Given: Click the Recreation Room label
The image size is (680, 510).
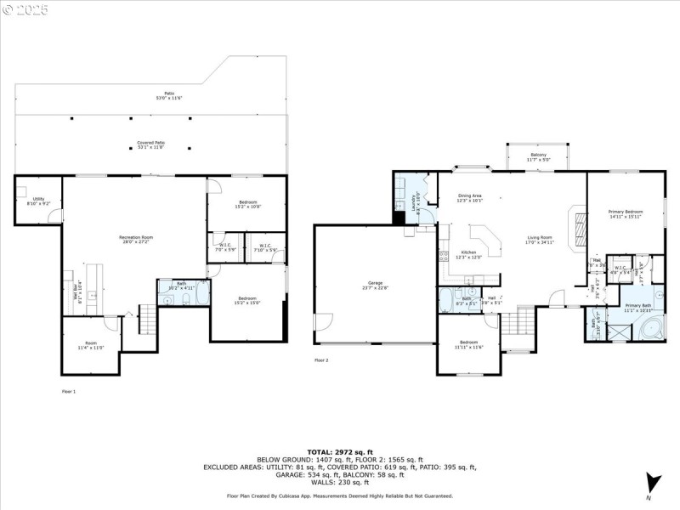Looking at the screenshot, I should click(136, 239).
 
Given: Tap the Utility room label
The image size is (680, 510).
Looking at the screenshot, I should click(39, 201).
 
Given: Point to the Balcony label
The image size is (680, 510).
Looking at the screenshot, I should click(539, 157).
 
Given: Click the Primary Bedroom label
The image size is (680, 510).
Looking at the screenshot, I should click(626, 213).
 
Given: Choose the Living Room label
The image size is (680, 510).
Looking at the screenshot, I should click(541, 240).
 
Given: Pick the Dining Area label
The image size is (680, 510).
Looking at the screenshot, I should click(470, 199).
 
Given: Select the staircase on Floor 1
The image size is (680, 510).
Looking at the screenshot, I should click(147, 320).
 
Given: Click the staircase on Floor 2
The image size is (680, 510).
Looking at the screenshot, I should click(517, 321).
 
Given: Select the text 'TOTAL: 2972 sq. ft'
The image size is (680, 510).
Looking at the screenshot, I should click(339, 452).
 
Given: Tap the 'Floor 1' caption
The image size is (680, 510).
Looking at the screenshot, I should click(69, 391).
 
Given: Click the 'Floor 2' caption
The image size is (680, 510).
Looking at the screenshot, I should click(321, 360).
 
